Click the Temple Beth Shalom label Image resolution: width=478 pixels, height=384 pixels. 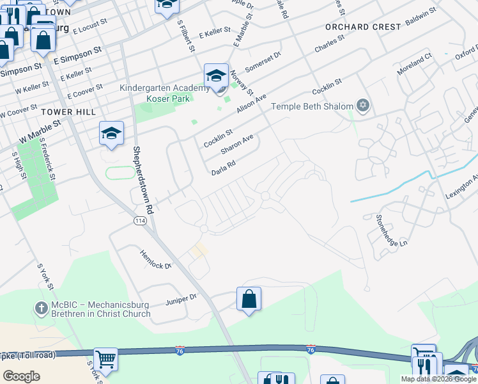pos(312,106)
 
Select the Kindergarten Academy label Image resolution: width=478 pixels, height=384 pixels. pos(164,88)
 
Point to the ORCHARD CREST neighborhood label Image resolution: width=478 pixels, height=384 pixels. pos(363,27)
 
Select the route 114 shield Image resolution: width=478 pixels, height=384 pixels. pos(140,221)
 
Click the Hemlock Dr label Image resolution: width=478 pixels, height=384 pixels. pos(157,260)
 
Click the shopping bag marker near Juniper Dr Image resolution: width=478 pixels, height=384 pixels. pos(249,299)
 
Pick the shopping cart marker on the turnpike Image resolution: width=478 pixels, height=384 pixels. pos(105,360)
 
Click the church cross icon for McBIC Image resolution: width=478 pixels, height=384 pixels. pos(42,308)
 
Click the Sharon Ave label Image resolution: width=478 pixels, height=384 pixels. pos(237,144)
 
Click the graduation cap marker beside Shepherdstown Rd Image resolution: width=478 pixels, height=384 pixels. pos(111,134)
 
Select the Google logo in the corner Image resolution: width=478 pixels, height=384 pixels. pos(21,376)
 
